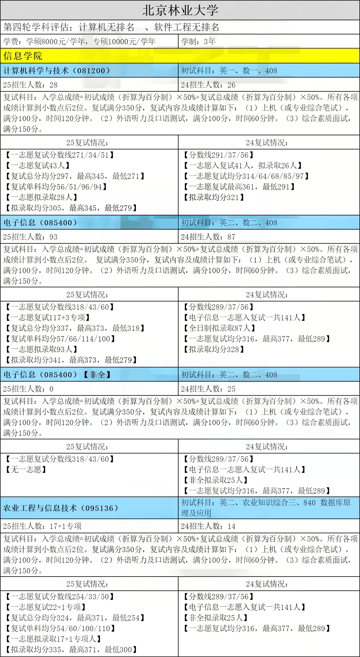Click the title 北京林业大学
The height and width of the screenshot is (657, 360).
pyautogui.click(x=180, y=11)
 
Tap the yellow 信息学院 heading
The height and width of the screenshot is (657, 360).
pyautogui.click(x=23, y=56)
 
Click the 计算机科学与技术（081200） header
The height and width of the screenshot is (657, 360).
pyautogui.click(x=57, y=71)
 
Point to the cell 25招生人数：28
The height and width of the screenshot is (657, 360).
pyautogui.click(x=30, y=85)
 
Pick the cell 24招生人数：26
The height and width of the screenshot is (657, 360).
pyautogui.click(x=208, y=85)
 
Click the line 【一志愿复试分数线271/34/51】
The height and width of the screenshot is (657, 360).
pyautogui.click(x=60, y=155)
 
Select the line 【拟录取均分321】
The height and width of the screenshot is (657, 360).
pyautogui.click(x=213, y=197)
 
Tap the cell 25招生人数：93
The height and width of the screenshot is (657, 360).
pyautogui.click(x=30, y=237)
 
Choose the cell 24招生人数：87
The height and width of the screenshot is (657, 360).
pyautogui.click(x=208, y=237)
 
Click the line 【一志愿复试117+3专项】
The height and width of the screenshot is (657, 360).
pyautogui.click(x=48, y=318)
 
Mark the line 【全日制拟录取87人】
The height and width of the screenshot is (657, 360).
pyautogui.click(x=219, y=328)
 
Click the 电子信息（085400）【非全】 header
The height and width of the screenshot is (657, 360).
pyautogui.click(x=57, y=375)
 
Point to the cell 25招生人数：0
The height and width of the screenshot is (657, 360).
pyautogui.click(x=28, y=389)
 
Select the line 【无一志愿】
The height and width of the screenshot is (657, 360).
pyautogui.click(x=26, y=470)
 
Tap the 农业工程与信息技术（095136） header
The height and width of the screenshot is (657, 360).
pyautogui.click(x=61, y=508)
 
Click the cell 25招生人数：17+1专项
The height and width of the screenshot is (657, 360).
pyautogui.click(x=42, y=526)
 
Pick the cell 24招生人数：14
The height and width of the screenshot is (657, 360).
pyautogui.click(x=208, y=526)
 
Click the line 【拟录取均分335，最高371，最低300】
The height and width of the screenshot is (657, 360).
pyautogui.click(x=71, y=650)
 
